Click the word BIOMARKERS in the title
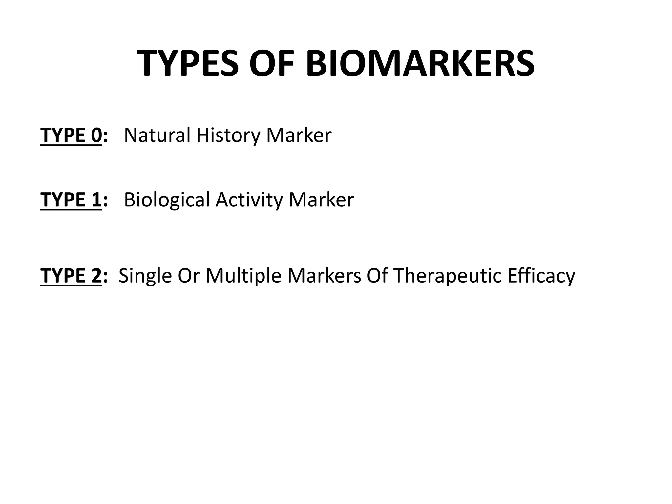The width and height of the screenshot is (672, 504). click(420, 63)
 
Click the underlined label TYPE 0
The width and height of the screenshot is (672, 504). click(71, 135)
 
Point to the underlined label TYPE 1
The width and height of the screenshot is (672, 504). click(71, 199)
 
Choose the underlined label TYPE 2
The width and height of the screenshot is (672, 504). click(71, 275)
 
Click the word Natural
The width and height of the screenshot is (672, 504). click(157, 135)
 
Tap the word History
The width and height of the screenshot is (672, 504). click(228, 136)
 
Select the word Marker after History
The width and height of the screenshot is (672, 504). click(299, 135)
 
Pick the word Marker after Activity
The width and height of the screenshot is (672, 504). click(321, 199)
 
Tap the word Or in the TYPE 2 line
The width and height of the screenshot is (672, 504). click(188, 276)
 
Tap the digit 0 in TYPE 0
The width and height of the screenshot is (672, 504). click(96, 135)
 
